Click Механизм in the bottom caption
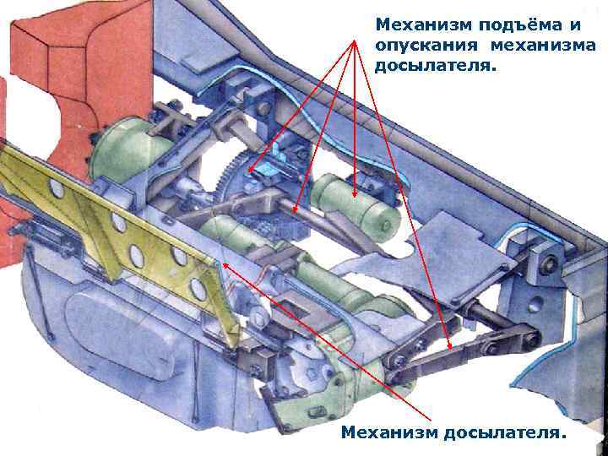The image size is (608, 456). (388, 433)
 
